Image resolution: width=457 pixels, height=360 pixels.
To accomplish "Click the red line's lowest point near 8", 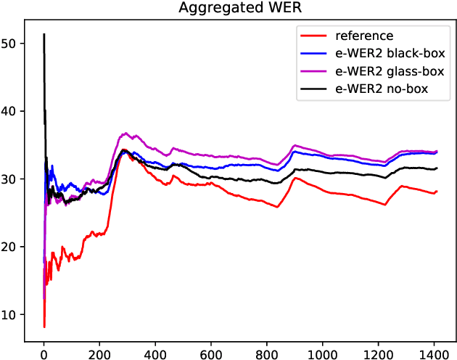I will click(x=44, y=327).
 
